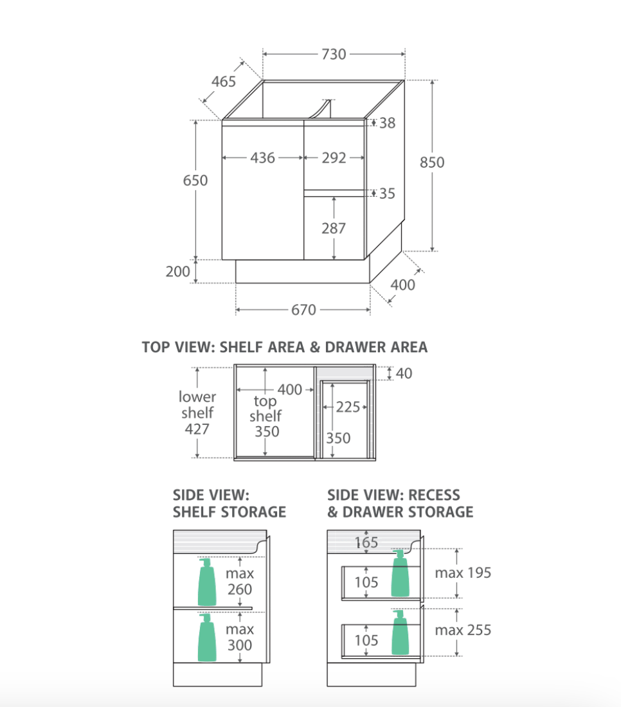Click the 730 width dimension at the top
(x=334, y=54)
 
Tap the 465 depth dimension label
(x=224, y=82)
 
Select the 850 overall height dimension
(x=432, y=163)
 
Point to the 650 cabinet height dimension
(x=195, y=181)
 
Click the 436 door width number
(x=262, y=158)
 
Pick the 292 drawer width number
(x=334, y=158)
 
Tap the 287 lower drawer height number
(x=334, y=228)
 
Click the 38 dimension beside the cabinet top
(x=387, y=123)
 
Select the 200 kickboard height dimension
(x=177, y=271)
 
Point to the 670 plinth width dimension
(x=303, y=310)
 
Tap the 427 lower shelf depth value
(x=197, y=429)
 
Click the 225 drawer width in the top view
(x=348, y=407)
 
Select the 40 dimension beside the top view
(x=404, y=373)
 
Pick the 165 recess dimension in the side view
(x=366, y=542)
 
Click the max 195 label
(x=463, y=573)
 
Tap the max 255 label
(x=463, y=630)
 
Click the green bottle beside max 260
(x=207, y=582)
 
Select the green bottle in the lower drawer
(x=400, y=632)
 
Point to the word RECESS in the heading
(x=434, y=495)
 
